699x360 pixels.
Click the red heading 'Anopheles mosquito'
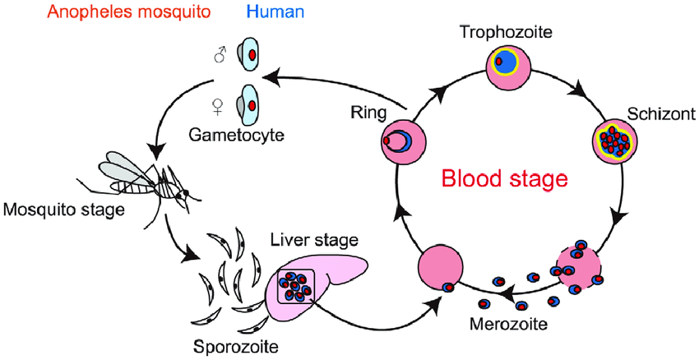coord(128,12)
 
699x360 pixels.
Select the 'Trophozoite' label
coord(507,33)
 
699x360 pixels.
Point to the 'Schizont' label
coord(661,114)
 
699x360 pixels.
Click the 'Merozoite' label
coord(507,325)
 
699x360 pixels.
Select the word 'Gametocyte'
coord(237,134)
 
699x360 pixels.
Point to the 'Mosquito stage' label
coord(64,208)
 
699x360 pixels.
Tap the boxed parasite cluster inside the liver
coord(296,286)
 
